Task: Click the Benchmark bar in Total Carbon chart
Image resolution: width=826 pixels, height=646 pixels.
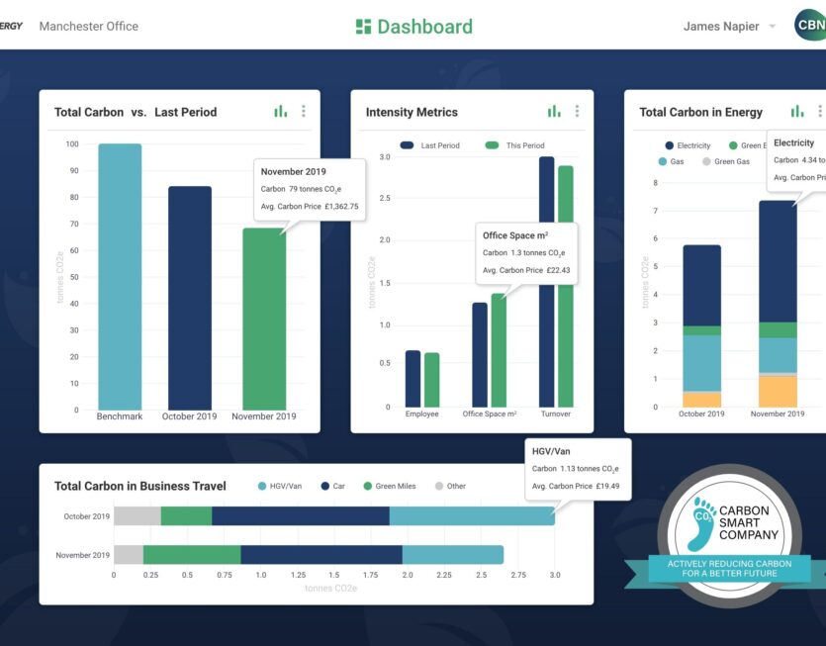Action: tap(120, 277)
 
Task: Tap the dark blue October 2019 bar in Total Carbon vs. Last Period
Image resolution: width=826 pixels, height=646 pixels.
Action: tap(189, 298)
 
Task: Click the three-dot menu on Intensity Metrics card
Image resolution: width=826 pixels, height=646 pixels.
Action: tap(577, 112)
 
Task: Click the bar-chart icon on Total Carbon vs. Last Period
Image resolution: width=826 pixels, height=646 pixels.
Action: tap(281, 112)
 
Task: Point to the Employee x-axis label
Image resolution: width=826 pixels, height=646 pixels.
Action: tap(422, 414)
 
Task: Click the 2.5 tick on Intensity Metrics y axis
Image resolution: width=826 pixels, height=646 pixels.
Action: tap(385, 199)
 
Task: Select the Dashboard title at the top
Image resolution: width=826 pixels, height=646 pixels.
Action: tap(414, 27)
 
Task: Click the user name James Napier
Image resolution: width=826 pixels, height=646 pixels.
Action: tap(721, 27)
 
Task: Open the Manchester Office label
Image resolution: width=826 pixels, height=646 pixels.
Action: tap(89, 27)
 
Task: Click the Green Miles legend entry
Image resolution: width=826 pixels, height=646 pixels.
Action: tap(395, 486)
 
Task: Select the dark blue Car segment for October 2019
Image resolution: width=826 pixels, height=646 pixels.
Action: tap(300, 516)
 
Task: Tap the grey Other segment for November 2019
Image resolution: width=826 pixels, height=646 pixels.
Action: tap(129, 555)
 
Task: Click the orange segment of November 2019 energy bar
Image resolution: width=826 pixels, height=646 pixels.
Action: tap(778, 391)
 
